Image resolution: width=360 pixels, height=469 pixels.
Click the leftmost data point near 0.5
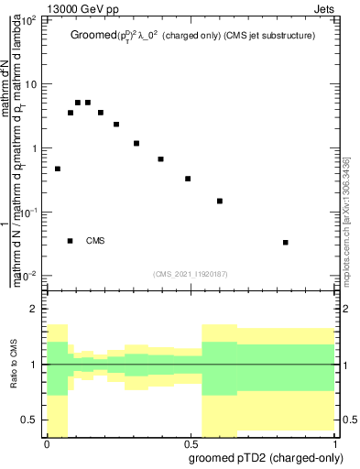(58, 169)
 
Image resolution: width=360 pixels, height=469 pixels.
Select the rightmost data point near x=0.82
(286, 242)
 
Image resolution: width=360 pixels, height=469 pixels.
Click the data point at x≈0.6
(220, 201)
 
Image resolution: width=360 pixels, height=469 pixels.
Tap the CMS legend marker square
(71, 241)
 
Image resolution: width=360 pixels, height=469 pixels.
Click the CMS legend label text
(95, 241)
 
